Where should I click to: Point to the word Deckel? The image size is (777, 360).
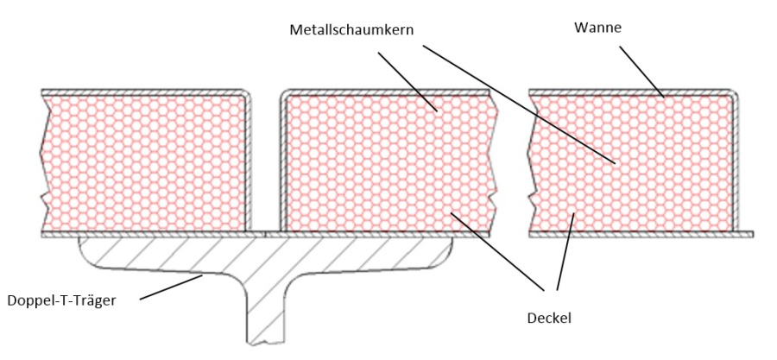click(x=548, y=318)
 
